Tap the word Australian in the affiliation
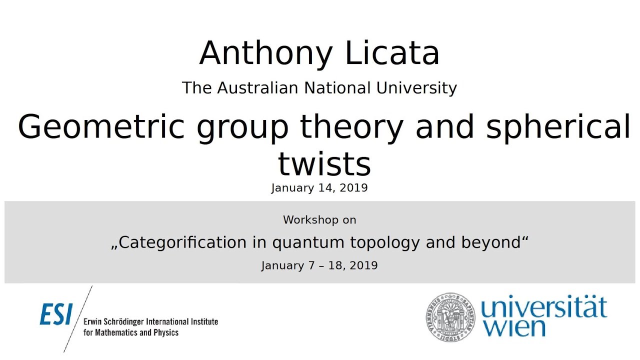[x=259, y=88]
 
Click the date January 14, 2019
[x=319, y=188]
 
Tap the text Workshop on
[x=319, y=219]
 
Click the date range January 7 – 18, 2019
[x=319, y=265]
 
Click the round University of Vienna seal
[x=450, y=316]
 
